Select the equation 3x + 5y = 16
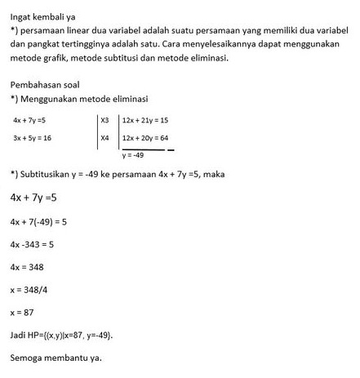33,138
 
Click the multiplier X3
104,120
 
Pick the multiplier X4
104,138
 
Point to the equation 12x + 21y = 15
144,120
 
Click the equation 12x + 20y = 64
144,138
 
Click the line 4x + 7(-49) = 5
38,221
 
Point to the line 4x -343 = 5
32,244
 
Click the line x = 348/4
29,290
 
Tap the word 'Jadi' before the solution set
18,336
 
